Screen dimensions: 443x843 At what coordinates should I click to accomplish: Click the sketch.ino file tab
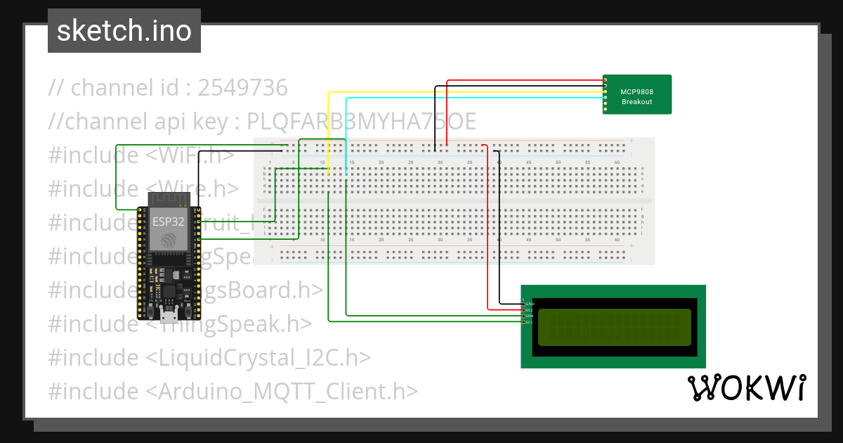click(124, 31)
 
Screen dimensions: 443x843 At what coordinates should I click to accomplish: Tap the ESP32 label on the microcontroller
click(169, 222)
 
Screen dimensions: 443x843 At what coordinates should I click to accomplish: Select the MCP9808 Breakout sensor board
click(636, 94)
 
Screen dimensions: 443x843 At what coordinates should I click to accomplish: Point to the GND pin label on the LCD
click(530, 303)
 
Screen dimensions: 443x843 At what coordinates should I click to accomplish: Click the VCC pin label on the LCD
click(530, 309)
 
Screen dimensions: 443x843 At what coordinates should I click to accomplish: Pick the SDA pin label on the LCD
click(530, 316)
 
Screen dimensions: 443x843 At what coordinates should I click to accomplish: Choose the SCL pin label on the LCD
click(530, 323)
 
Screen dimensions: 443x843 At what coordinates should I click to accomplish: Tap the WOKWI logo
click(746, 388)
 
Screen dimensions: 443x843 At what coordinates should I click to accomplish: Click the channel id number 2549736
click(242, 89)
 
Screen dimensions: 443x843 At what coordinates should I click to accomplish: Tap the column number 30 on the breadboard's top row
click(440, 163)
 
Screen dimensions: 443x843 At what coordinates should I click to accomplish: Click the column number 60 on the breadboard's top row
click(617, 163)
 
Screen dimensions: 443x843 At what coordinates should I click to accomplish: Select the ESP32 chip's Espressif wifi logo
click(169, 240)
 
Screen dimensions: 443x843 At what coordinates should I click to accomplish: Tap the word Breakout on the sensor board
click(636, 102)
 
